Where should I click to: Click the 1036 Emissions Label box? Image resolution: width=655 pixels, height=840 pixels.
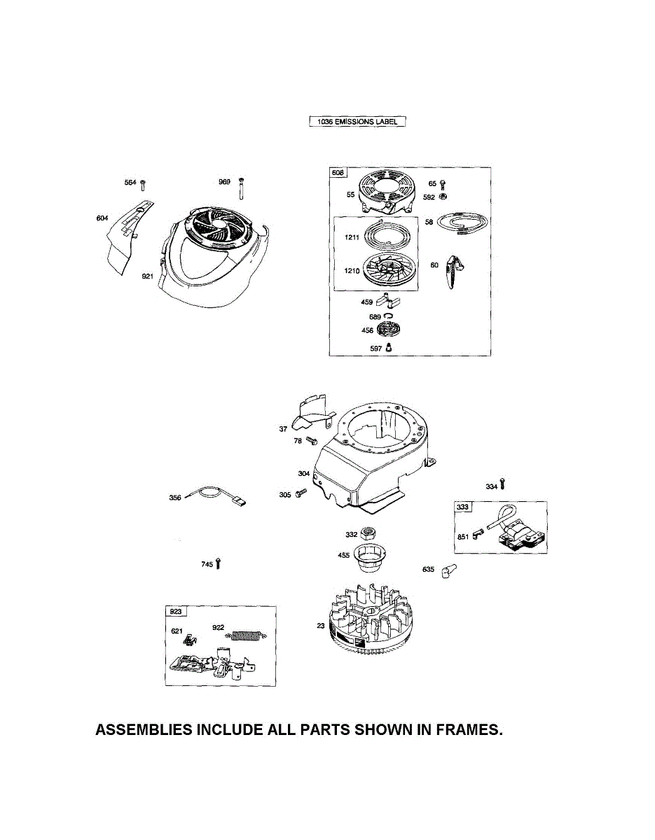357,122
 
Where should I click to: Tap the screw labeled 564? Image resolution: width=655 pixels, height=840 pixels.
143,184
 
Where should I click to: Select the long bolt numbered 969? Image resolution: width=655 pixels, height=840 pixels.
240,188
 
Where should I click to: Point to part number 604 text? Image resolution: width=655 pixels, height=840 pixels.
102,218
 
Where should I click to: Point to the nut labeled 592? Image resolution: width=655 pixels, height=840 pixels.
443,195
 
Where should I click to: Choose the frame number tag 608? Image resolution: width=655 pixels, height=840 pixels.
337,172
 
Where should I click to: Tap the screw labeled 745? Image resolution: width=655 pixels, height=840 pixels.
219,562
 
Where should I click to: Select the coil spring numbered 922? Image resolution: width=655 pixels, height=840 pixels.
245,636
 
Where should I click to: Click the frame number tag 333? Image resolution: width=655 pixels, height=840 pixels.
463,507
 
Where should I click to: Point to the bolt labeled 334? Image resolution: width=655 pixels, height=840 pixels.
502,484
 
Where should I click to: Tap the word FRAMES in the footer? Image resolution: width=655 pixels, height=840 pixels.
469,729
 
